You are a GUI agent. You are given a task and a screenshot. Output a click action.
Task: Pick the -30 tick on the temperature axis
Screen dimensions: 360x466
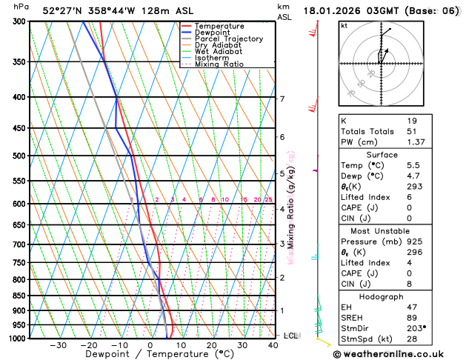pyautogui.click(x=59, y=345)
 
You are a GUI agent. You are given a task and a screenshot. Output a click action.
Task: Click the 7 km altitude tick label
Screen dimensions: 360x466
pyautogui.click(x=282, y=99)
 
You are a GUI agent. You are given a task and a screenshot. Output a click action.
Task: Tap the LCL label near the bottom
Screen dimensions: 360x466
pyautogui.click(x=290, y=336)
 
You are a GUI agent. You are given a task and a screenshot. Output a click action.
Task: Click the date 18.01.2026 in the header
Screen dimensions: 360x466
pyautogui.click(x=334, y=11)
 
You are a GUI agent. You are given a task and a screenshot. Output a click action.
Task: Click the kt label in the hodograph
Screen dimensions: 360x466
pyautogui.click(x=344, y=25)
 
